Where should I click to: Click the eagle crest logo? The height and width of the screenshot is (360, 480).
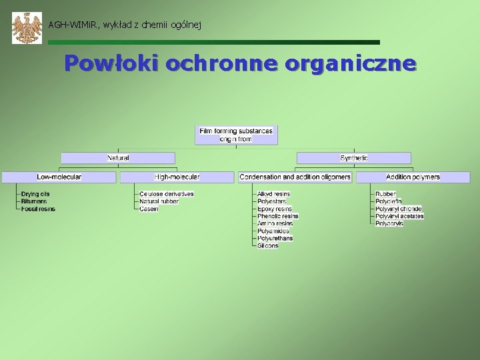coord(27,28)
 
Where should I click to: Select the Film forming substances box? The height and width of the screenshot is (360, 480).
coord(237,135)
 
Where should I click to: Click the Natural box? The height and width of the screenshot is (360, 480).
coord(118,158)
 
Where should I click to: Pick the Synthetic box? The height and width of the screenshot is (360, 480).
coord(353,158)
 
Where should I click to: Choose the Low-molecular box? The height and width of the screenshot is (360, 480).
coord(59,177)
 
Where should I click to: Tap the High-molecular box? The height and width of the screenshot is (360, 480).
coord(177,177)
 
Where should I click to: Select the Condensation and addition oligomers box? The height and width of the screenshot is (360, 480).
coord(295,177)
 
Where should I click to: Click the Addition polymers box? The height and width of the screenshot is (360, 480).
coord(413,177)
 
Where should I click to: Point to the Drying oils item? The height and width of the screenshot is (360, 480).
coord(35,194)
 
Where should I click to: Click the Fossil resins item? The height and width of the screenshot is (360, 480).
coord(38,209)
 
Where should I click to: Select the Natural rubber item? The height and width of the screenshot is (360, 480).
coord(159,201)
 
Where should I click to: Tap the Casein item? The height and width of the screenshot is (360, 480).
coord(149,209)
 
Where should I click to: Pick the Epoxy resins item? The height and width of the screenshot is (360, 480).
coord(275,209)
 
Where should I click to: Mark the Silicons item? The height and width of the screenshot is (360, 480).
coord(268,245)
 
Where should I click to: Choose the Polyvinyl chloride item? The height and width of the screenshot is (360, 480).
coord(399,209)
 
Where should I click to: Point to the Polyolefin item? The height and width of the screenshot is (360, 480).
coord(389,201)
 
